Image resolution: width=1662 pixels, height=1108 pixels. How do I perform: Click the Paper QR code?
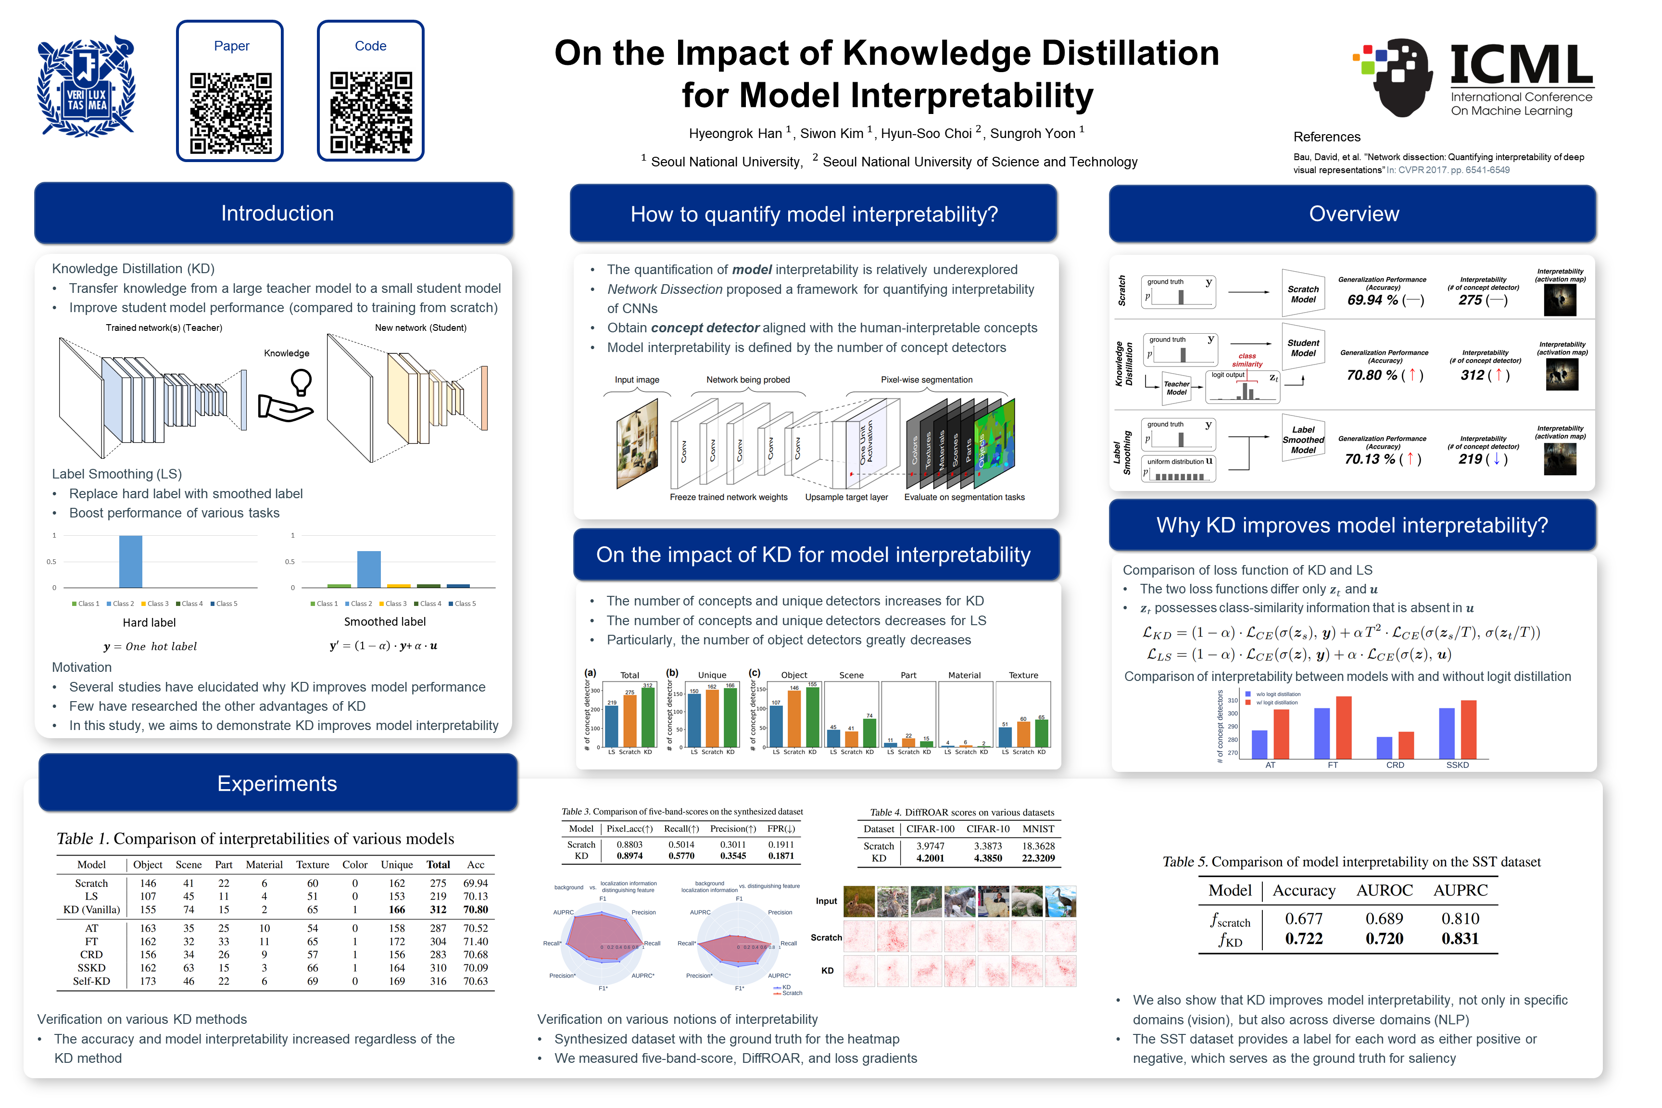tap(230, 113)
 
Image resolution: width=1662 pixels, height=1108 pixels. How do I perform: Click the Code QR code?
tap(371, 113)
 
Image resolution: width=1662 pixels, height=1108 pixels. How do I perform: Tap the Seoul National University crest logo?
tap(86, 86)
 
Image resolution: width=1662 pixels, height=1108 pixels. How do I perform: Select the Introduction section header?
tap(277, 214)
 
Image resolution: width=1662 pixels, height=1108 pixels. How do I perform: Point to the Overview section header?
tap(1353, 214)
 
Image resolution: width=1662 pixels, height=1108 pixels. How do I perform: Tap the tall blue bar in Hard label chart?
tap(131, 561)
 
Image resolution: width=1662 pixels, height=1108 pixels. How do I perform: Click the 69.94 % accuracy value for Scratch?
tap(1372, 300)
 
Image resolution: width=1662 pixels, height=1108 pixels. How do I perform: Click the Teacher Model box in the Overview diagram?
tap(1176, 388)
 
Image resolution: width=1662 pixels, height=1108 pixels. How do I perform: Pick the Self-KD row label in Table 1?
tap(91, 981)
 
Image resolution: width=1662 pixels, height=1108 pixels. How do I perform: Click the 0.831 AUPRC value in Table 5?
tap(1460, 938)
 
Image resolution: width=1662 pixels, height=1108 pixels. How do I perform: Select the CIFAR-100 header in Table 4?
tap(930, 829)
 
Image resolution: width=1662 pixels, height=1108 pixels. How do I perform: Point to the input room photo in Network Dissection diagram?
tap(637, 444)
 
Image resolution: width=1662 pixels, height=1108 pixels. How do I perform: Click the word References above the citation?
tap(1326, 137)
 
